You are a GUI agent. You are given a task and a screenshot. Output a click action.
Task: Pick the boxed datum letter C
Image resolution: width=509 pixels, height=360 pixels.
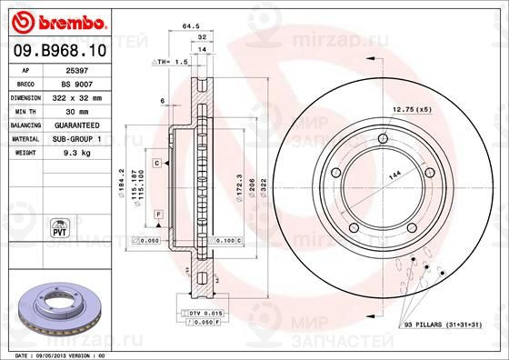coord(157,163)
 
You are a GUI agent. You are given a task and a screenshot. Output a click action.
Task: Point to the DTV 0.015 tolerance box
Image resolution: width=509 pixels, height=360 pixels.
coord(202,313)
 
